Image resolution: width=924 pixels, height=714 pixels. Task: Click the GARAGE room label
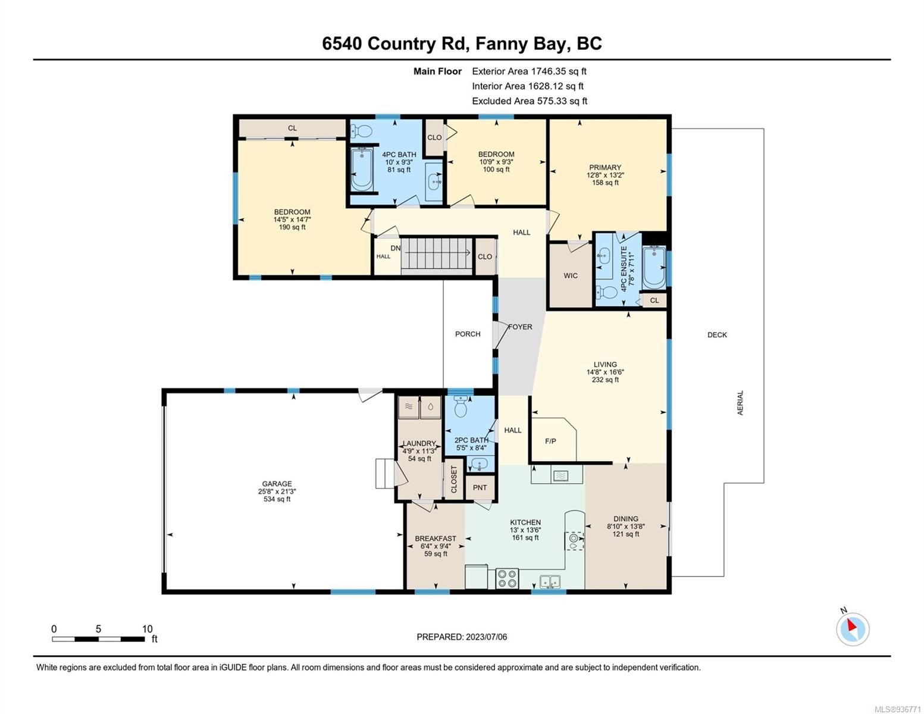(x=277, y=484)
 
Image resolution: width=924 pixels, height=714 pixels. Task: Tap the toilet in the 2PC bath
(x=461, y=406)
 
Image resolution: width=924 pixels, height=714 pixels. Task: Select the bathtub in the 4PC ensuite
(x=654, y=267)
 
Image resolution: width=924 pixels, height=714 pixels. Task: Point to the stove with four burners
(x=507, y=578)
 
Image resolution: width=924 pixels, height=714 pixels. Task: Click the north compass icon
(x=852, y=628)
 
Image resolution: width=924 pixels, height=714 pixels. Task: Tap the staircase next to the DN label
(x=437, y=253)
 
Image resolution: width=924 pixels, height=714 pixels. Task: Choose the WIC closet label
(x=570, y=275)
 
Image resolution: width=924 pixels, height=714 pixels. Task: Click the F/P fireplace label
(x=550, y=441)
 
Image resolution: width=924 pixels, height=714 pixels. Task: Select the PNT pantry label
(x=480, y=487)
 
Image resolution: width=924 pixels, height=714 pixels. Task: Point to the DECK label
(x=717, y=334)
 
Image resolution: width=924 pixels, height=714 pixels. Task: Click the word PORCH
(x=467, y=334)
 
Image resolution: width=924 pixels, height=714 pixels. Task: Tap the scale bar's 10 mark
(x=147, y=628)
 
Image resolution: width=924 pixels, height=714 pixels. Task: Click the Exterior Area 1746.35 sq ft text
(x=529, y=71)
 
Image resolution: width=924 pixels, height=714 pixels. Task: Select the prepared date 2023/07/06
(x=487, y=637)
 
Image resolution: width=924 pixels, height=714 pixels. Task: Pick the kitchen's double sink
(x=550, y=581)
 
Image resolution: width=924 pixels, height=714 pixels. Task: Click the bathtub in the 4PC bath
(x=362, y=169)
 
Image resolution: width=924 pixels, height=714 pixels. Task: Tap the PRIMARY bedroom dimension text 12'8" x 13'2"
(x=605, y=175)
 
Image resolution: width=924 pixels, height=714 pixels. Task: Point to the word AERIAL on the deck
(x=740, y=403)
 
